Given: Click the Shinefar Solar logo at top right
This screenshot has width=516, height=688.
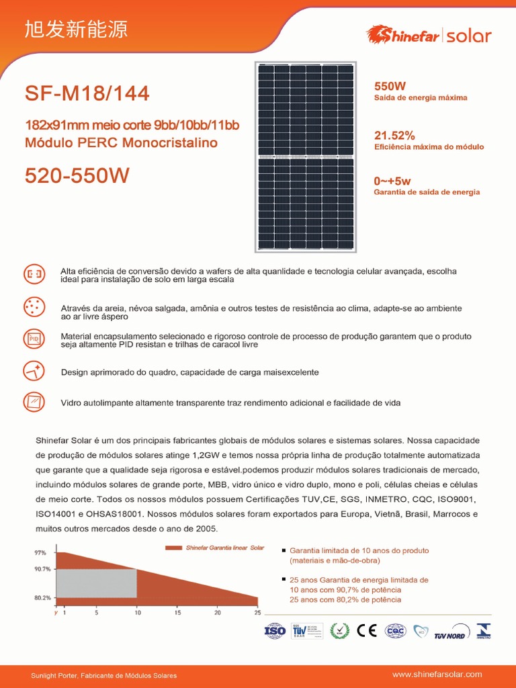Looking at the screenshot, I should [428, 35].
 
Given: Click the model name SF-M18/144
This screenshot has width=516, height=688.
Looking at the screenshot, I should [87, 93].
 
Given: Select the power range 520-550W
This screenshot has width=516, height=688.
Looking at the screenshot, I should [77, 176].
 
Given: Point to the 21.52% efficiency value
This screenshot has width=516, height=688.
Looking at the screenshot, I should [394, 135].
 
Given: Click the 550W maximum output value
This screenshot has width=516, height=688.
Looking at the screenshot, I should [390, 86].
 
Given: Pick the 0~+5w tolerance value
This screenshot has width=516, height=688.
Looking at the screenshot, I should [392, 181].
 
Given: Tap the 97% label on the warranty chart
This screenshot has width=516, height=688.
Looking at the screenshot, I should [40, 553].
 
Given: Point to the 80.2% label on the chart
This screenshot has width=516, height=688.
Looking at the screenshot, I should [42, 597].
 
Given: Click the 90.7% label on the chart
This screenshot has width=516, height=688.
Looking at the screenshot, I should [42, 569].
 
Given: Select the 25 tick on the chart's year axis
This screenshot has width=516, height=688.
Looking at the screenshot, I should [257, 613].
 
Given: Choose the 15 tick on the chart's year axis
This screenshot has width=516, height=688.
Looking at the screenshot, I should [177, 613].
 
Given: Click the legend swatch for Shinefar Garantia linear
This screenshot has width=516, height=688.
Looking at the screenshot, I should [173, 548].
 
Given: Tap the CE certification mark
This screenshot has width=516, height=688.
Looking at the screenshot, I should [367, 631].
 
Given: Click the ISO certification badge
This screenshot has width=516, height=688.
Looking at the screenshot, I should [275, 631].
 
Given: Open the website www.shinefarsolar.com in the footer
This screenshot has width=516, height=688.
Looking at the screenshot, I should [437, 674].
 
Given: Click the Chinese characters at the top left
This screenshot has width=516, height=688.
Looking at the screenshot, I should [75, 30].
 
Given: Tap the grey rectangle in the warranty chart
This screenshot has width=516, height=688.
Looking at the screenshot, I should [96, 583].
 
